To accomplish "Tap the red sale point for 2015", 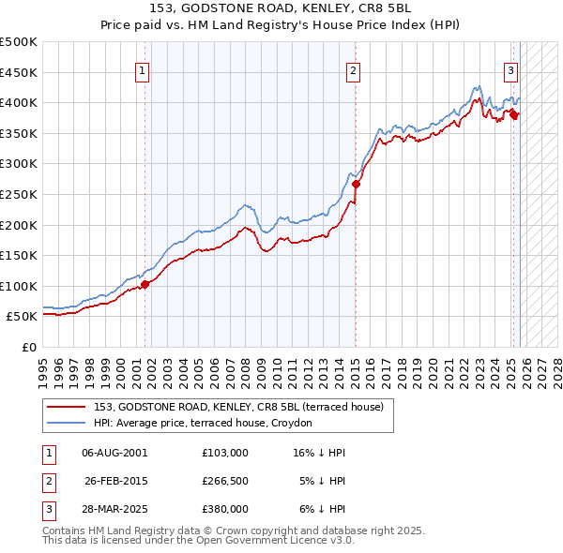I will click(x=356, y=185).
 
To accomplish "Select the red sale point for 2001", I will click(x=145, y=284).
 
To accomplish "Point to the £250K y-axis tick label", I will click(x=20, y=194).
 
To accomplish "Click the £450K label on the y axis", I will click(x=20, y=72).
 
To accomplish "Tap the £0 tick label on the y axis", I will click(x=29, y=347).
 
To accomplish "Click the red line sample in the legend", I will click(x=68, y=408).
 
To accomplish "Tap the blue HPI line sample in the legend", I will click(x=68, y=424).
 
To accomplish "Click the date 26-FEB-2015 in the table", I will click(x=114, y=481).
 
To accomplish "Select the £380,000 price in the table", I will click(x=225, y=509).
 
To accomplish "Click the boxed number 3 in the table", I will click(x=47, y=509).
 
